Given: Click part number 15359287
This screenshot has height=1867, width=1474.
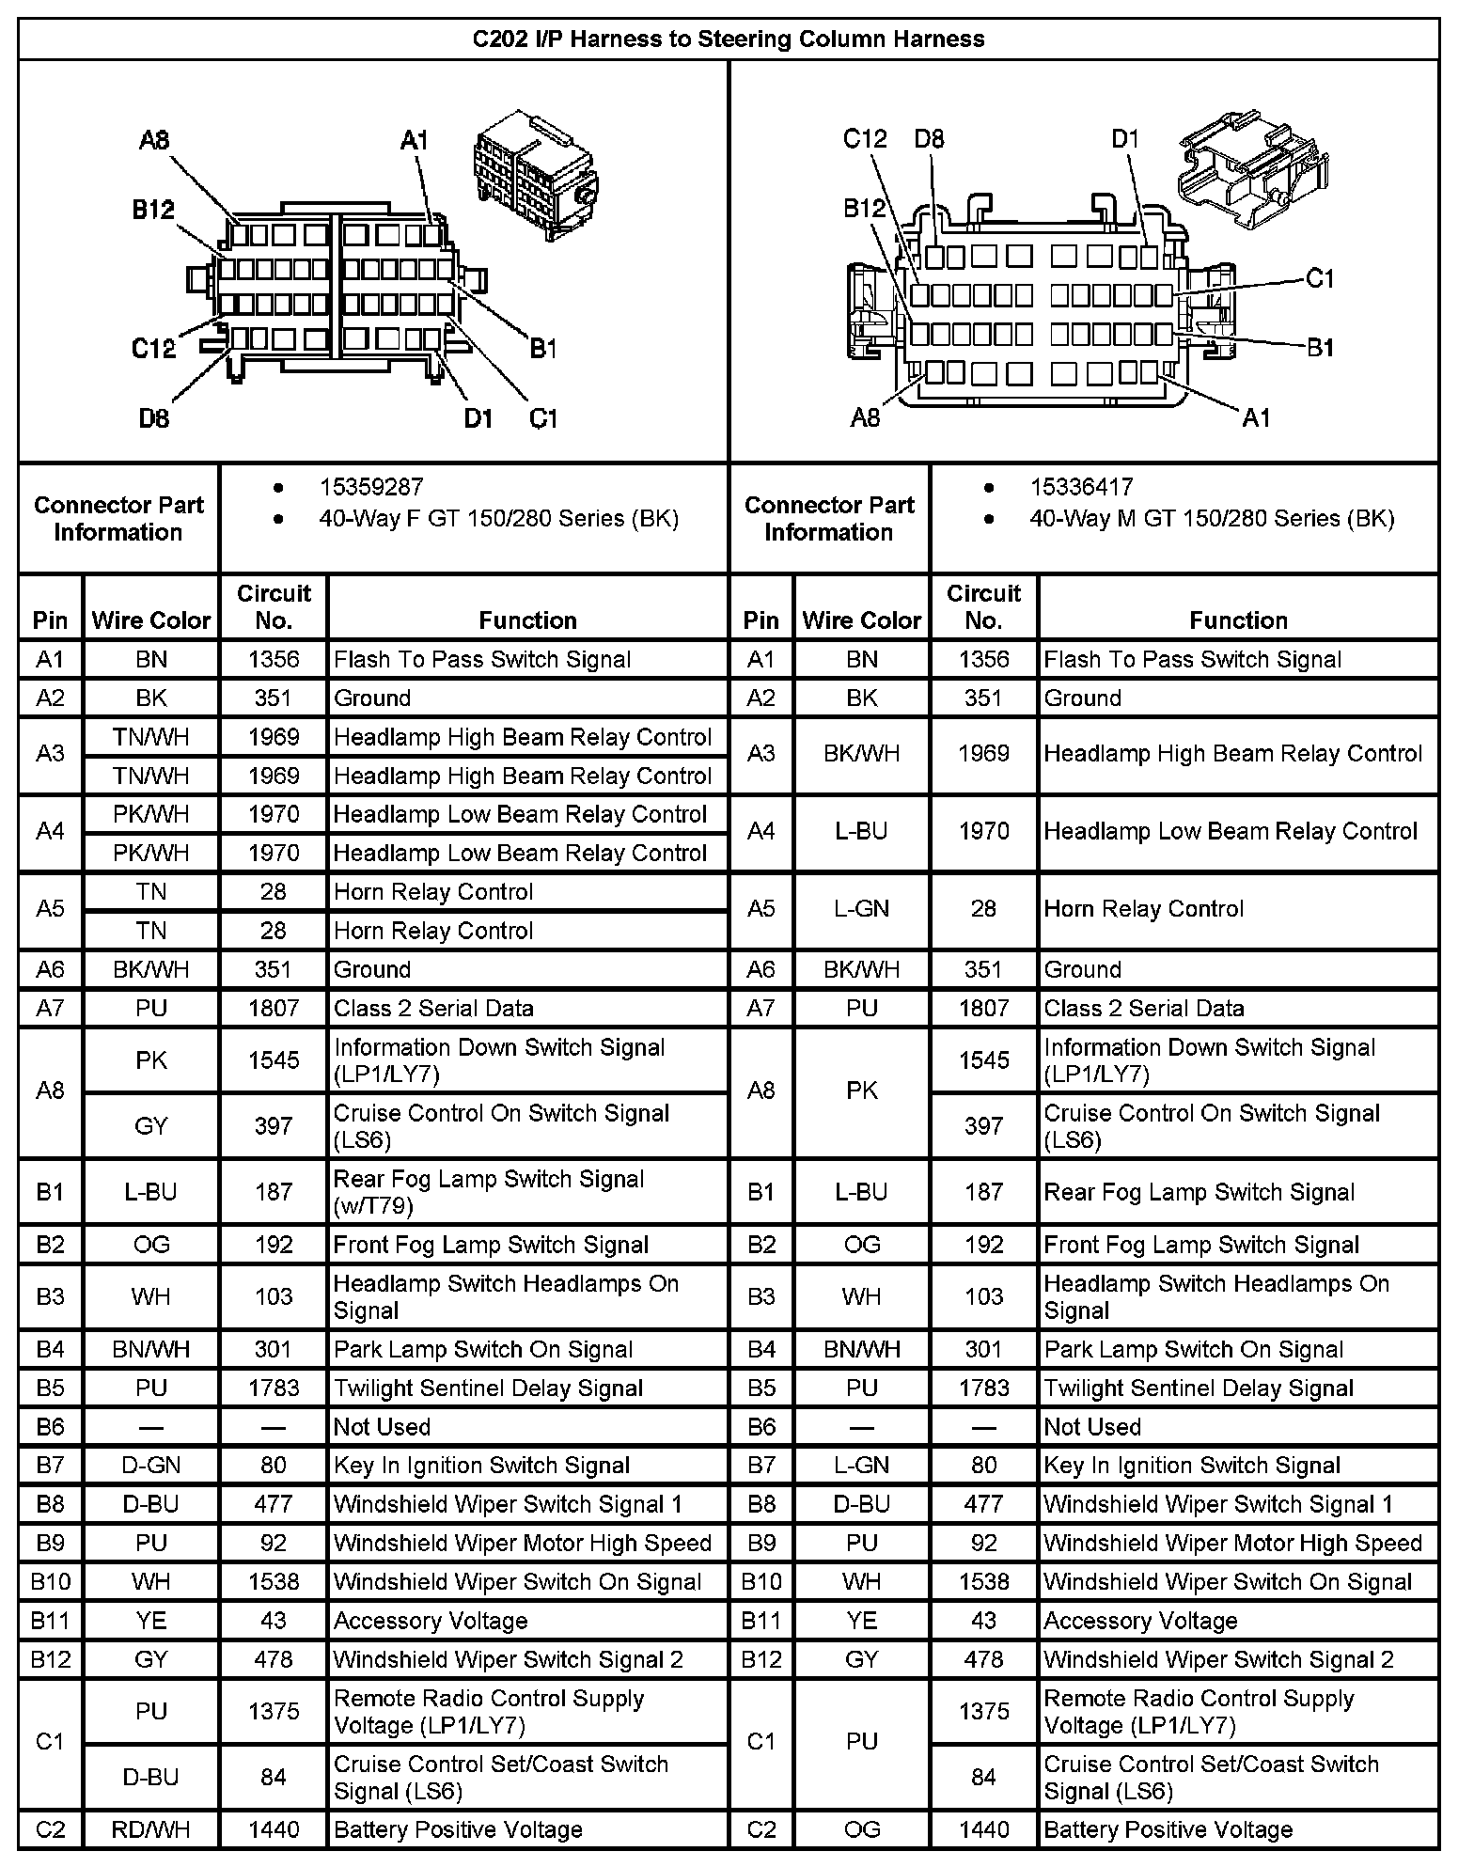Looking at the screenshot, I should click(x=370, y=487).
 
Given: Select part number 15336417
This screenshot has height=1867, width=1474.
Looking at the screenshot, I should click(x=1081, y=487).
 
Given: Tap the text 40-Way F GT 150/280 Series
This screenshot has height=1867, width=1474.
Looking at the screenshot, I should click(x=498, y=518).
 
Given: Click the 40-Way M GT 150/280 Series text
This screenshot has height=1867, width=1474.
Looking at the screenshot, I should click(x=1212, y=518).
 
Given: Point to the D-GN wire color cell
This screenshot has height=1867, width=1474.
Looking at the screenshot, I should click(x=151, y=1465).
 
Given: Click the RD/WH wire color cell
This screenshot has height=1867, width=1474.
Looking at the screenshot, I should click(x=151, y=1828).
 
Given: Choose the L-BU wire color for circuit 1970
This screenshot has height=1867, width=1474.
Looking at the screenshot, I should click(x=861, y=831).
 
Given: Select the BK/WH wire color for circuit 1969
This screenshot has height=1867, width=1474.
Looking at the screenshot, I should click(x=861, y=753).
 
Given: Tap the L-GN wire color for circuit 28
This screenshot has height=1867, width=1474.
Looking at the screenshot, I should click(x=861, y=908).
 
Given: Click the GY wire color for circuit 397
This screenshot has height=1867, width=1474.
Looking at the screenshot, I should click(x=151, y=1125).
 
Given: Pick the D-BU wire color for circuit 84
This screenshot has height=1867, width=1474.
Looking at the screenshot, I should click(x=151, y=1777).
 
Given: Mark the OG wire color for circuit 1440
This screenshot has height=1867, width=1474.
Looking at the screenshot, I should click(x=861, y=1828).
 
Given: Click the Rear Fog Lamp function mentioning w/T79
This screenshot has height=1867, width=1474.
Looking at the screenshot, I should click(x=489, y=1191).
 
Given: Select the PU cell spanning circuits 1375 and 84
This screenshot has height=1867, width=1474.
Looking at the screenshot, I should click(x=861, y=1741).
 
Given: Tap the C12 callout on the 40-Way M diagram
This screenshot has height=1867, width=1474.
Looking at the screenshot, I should click(x=865, y=139).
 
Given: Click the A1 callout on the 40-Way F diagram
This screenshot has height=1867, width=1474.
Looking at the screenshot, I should click(x=415, y=140).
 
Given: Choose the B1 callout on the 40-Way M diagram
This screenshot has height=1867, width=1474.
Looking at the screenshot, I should click(x=1321, y=348).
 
